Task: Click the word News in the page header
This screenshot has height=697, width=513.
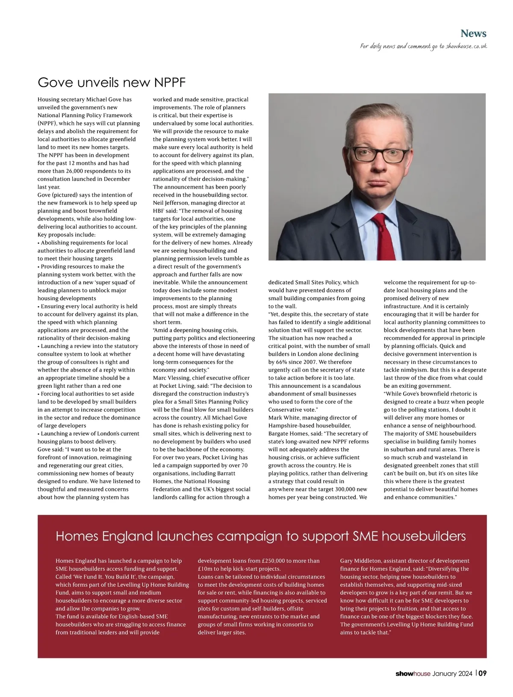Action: (473, 33)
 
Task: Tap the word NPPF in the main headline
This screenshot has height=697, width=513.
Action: (169, 82)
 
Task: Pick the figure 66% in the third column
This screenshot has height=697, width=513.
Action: (282, 362)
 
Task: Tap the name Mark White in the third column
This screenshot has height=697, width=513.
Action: (283, 418)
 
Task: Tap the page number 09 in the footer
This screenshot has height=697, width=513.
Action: (482, 674)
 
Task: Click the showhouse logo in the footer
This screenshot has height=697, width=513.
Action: (413, 674)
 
